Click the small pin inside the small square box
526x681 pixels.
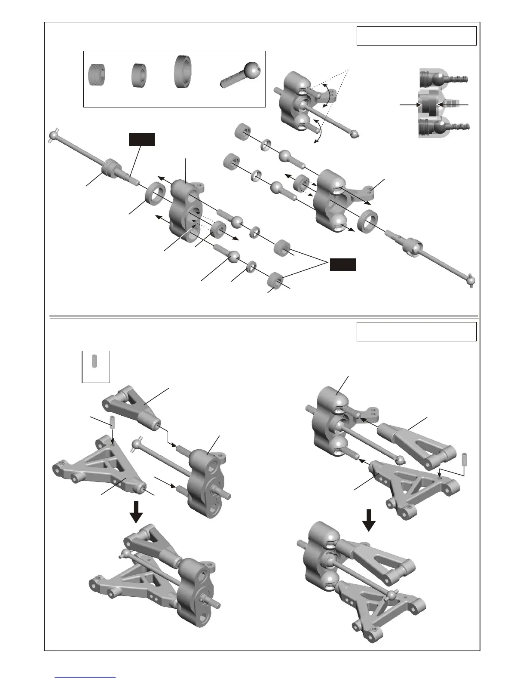[95, 360]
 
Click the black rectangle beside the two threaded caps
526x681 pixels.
[343, 265]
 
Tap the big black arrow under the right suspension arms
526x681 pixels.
[369, 520]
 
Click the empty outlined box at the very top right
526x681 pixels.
[416, 36]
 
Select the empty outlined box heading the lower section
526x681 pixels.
[416, 331]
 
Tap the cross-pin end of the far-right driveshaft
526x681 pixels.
[471, 282]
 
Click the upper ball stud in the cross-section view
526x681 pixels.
[443, 80]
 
